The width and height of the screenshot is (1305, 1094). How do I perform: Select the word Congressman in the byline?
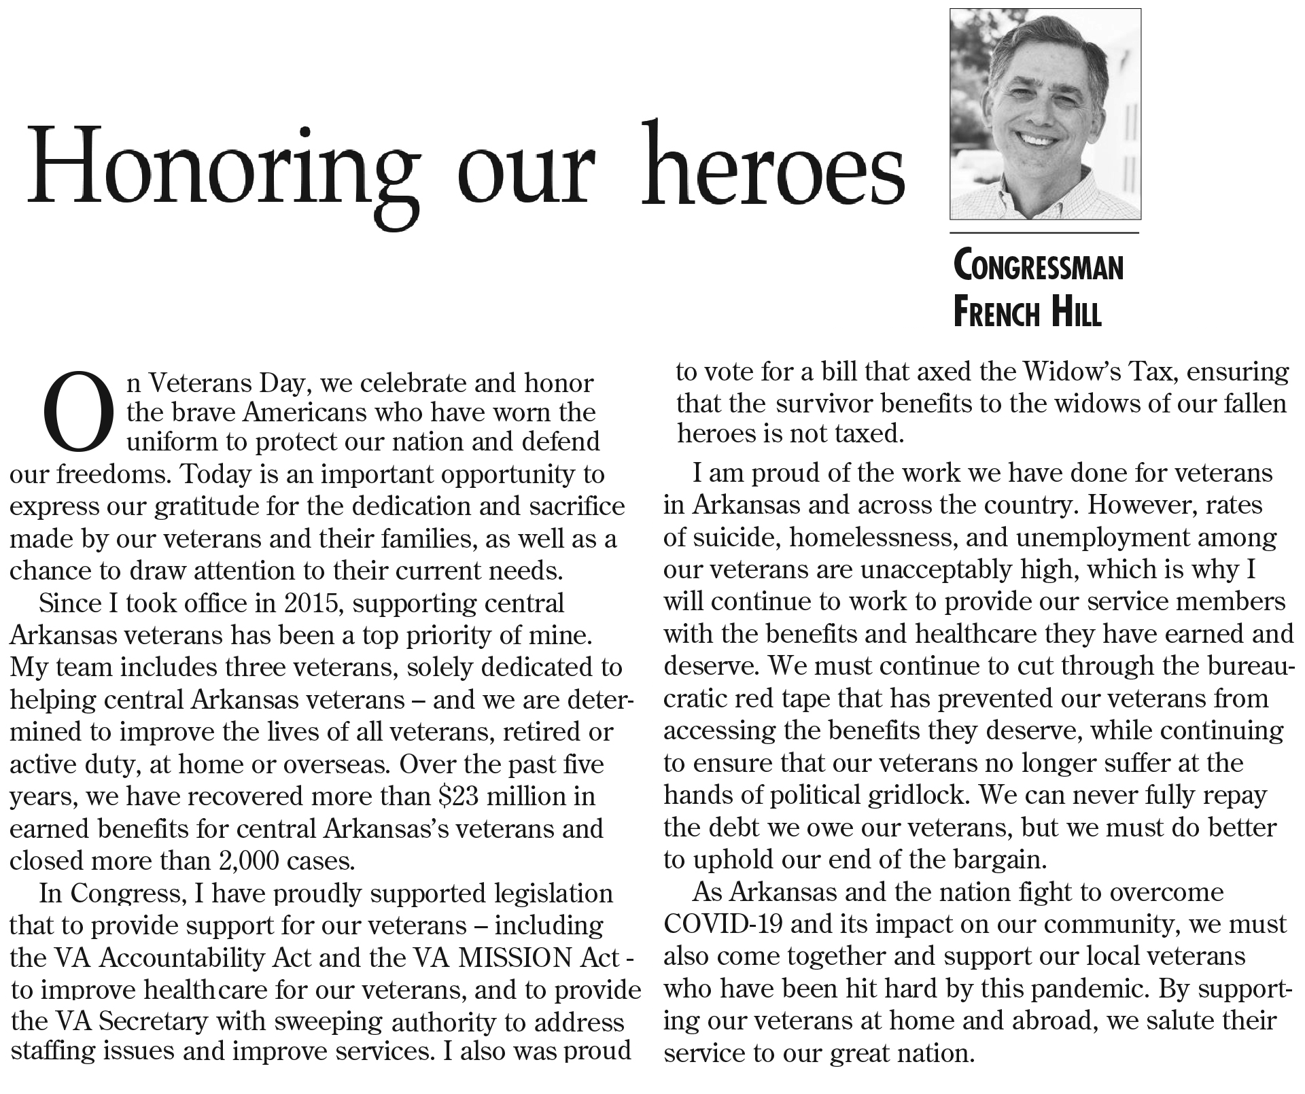click(x=1039, y=267)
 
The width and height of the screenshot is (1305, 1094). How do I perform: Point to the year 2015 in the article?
click(x=314, y=603)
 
